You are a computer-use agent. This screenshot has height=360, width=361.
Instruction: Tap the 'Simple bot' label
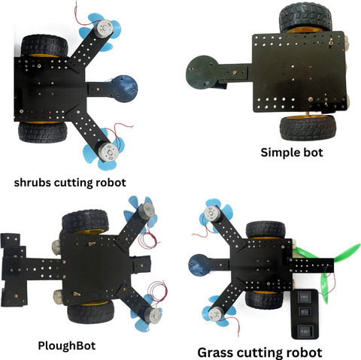(292, 153)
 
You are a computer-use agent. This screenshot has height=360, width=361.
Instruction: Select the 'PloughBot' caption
(67, 346)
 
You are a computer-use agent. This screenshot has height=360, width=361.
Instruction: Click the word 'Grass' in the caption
(215, 352)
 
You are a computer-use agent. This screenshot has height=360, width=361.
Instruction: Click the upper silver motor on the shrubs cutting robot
(105, 29)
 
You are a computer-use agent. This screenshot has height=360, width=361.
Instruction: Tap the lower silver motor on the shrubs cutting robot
(108, 152)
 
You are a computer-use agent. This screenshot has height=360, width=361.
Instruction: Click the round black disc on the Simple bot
(202, 71)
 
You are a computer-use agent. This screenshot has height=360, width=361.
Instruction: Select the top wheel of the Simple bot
(305, 17)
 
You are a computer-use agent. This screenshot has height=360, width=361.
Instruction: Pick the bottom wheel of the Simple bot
(308, 128)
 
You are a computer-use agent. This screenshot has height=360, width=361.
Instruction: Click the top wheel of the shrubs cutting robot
(44, 46)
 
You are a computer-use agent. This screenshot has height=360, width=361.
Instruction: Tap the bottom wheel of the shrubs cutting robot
(43, 132)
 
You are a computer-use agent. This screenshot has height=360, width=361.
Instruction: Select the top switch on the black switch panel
(305, 298)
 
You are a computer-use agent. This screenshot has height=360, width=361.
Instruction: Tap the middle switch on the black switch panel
(304, 312)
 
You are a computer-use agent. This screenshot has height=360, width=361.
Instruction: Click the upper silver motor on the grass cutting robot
(212, 213)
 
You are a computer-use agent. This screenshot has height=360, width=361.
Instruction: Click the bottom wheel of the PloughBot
(91, 313)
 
